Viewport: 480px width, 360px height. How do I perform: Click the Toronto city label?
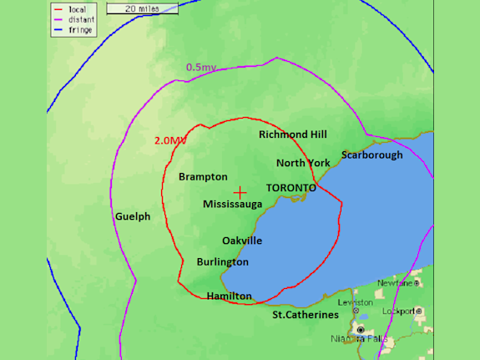(x=291, y=188)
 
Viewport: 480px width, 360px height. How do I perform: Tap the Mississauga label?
(x=233, y=204)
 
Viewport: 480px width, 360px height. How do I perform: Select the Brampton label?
(x=203, y=177)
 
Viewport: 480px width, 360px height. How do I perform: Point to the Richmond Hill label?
(x=292, y=134)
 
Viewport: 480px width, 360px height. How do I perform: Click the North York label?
(x=303, y=163)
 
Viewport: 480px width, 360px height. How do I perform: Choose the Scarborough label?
(x=371, y=155)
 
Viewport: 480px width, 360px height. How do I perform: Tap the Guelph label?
(x=132, y=216)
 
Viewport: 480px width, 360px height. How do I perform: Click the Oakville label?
(x=242, y=241)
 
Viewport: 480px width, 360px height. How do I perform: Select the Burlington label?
(x=222, y=261)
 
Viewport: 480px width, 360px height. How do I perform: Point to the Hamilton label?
(x=229, y=296)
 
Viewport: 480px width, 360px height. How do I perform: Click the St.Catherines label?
(x=306, y=315)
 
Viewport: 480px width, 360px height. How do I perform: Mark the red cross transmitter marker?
(x=240, y=192)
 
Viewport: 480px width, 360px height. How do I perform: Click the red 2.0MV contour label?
(x=170, y=140)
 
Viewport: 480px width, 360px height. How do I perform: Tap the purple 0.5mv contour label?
(x=200, y=67)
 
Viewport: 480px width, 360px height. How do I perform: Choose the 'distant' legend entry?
(x=76, y=21)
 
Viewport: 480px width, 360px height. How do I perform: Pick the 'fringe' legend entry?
(x=76, y=30)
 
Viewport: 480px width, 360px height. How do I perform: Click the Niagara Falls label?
(x=360, y=338)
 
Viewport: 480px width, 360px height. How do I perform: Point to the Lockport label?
(x=399, y=311)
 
